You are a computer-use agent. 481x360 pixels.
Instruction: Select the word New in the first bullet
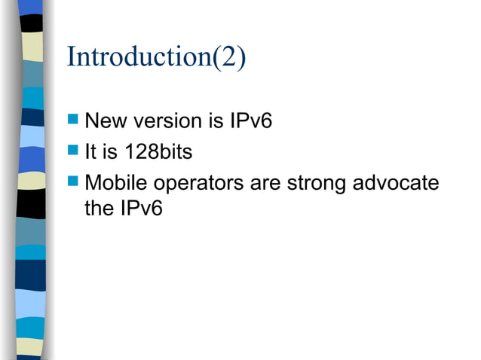pyautogui.click(x=106, y=121)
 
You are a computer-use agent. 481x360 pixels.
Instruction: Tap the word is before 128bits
pyautogui.click(x=112, y=153)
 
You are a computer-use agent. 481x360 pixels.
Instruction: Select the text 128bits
pyautogui.click(x=159, y=153)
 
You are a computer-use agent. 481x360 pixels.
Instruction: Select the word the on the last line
pyautogui.click(x=99, y=209)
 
